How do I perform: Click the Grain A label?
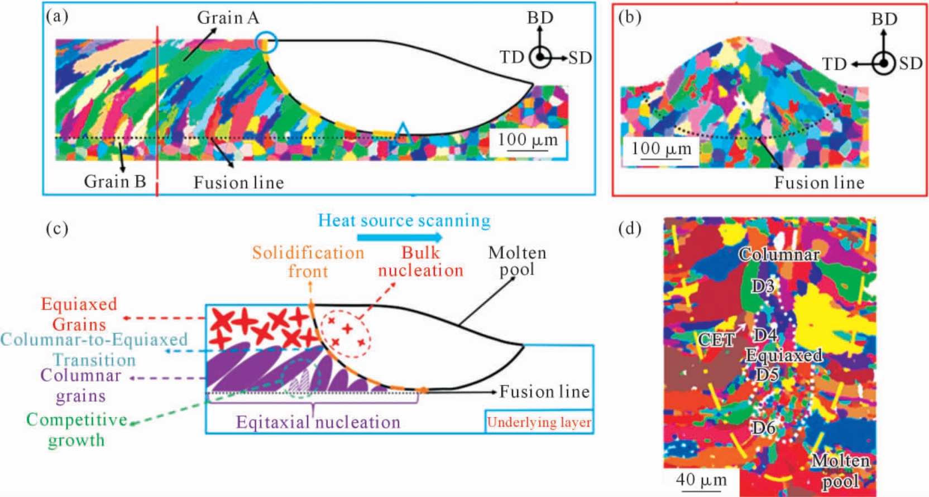click(x=228, y=17)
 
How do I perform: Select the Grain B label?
click(x=115, y=181)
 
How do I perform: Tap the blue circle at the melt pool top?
click(x=266, y=43)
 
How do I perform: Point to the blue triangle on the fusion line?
click(x=402, y=133)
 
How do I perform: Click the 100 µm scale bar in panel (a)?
click(x=528, y=150)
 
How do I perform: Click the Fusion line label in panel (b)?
click(x=819, y=182)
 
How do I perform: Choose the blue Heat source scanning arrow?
click(x=400, y=238)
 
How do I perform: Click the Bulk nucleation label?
click(x=420, y=261)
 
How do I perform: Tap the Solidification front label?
click(x=308, y=262)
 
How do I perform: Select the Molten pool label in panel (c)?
click(x=517, y=261)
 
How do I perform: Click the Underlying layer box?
click(x=539, y=422)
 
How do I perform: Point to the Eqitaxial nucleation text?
click(x=318, y=422)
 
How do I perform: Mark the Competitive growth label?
click(x=76, y=430)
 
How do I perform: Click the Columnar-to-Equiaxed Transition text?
click(x=94, y=349)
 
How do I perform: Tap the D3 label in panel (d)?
click(x=762, y=286)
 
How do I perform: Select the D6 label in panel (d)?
click(x=764, y=427)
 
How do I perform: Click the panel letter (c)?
click(x=58, y=228)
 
